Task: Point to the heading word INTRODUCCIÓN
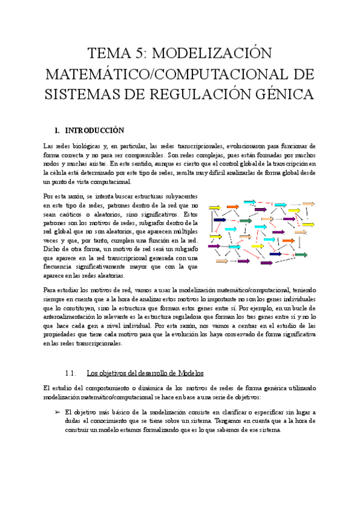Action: click(94, 130)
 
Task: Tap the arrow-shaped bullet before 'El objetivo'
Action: click(49, 413)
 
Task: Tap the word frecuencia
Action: click(57, 267)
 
